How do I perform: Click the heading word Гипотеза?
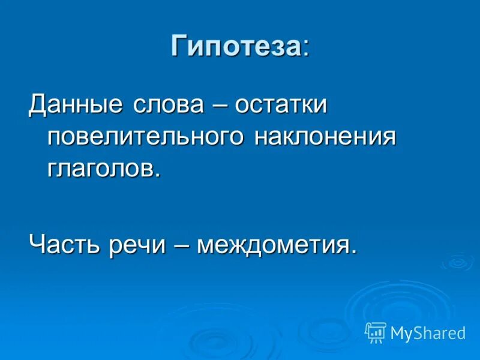click(x=235, y=46)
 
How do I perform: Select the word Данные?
click(x=73, y=106)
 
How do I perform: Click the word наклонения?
click(x=325, y=137)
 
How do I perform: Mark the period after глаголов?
click(x=158, y=175)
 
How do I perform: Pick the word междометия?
click(x=273, y=245)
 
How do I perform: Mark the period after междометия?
click(x=353, y=251)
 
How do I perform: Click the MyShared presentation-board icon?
click(x=376, y=332)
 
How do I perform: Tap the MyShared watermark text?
click(x=428, y=333)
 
